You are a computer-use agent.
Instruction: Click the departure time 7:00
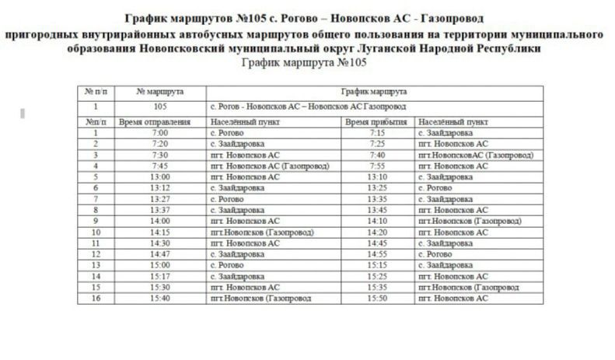tap(161, 133)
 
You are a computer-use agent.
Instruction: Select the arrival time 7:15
tap(377, 133)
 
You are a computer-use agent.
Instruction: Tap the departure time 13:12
tap(161, 188)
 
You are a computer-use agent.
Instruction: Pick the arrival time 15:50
tap(377, 298)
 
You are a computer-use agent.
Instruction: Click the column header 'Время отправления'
tap(155, 122)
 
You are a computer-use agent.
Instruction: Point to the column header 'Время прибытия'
tap(377, 122)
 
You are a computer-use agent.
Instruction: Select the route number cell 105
tap(161, 107)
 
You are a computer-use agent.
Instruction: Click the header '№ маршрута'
tap(159, 92)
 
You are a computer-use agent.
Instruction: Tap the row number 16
tap(96, 298)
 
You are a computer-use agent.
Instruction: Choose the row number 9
tap(96, 221)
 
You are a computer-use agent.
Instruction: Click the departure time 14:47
tap(161, 254)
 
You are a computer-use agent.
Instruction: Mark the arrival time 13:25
tap(377, 188)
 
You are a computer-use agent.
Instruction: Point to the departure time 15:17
tap(161, 276)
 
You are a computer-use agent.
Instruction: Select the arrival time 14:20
tap(377, 232)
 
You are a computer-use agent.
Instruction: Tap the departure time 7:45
tap(161, 166)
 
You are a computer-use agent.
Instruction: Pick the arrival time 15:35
tap(377, 287)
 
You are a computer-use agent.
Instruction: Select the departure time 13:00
tap(161, 177)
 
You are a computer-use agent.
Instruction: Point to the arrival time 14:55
tap(377, 254)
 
